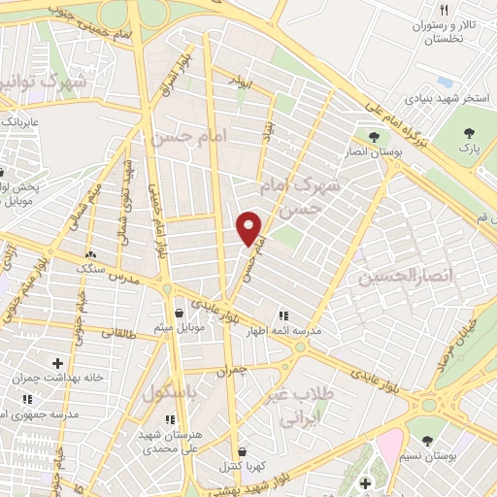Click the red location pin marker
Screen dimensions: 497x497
(248, 228)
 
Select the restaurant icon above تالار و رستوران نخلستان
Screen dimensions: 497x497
(444, 10)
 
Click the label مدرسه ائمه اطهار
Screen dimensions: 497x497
(295, 331)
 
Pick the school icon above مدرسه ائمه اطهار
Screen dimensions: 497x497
(283, 315)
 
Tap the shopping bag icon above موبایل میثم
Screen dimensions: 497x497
(181, 313)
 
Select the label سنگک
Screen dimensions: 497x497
(93, 269)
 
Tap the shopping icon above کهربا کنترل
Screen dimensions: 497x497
(241, 451)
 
